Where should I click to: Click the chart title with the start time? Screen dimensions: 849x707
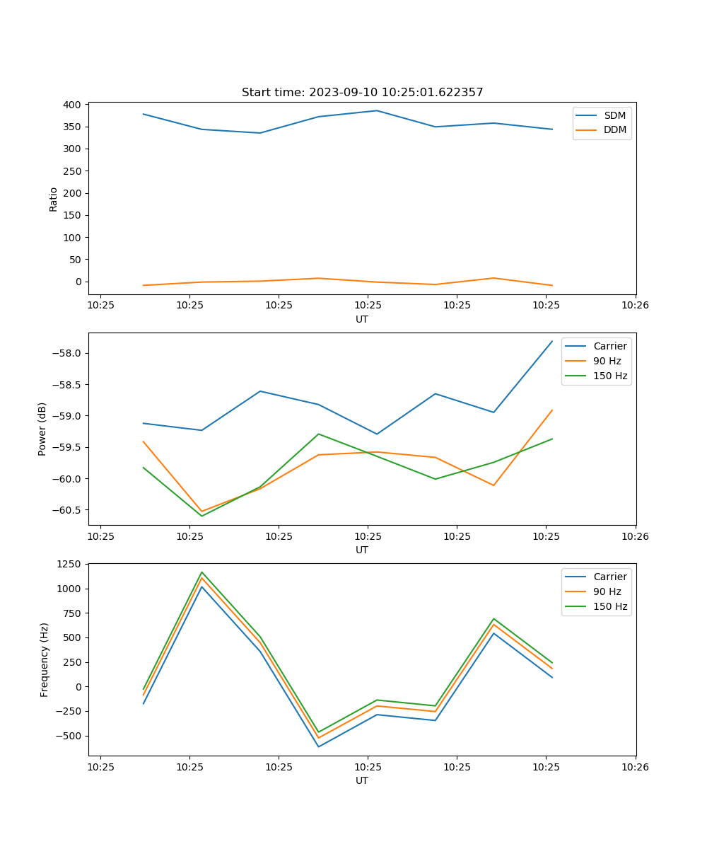(362, 93)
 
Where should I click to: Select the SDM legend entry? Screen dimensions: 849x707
(614, 115)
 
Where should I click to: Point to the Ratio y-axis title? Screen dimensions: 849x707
(54, 199)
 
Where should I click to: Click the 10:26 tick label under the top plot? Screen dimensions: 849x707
(635, 306)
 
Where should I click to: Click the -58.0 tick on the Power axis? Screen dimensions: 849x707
(69, 354)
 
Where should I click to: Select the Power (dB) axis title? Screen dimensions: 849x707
(42, 429)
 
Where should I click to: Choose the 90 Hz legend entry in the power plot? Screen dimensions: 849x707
(607, 361)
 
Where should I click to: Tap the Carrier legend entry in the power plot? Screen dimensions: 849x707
(609, 346)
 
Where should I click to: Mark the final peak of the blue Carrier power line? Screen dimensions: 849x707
(552, 341)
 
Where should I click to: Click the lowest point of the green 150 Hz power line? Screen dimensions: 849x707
(202, 516)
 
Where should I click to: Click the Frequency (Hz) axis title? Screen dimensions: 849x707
(45, 659)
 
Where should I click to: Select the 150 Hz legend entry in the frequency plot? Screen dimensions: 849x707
(610, 606)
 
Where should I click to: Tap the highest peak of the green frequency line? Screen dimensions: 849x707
(202, 572)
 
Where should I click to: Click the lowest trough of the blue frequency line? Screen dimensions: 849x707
(318, 746)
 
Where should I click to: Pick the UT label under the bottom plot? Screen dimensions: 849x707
(362, 781)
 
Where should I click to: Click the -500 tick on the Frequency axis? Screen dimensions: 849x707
(69, 736)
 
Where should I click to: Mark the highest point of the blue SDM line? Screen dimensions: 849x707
(377, 110)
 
